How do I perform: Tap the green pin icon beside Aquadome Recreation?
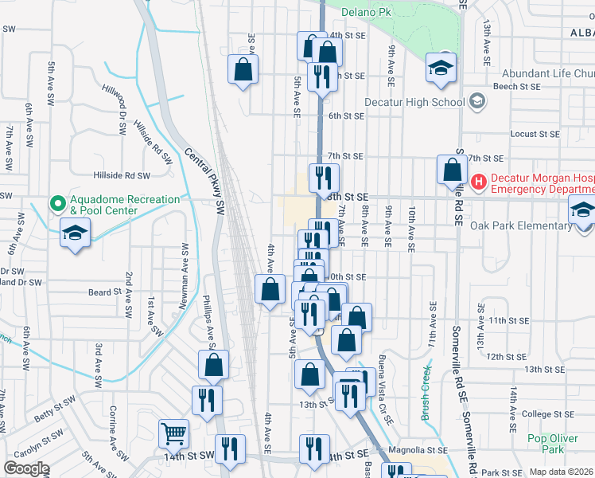tap(57, 204)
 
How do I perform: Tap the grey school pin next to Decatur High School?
tap(476, 101)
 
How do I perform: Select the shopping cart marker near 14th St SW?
tap(173, 434)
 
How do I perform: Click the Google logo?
tap(25, 468)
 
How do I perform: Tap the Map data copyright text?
tap(562, 471)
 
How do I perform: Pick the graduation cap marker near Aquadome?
tap(76, 233)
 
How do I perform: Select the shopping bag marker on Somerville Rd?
tap(452, 170)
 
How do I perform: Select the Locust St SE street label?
tap(535, 134)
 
